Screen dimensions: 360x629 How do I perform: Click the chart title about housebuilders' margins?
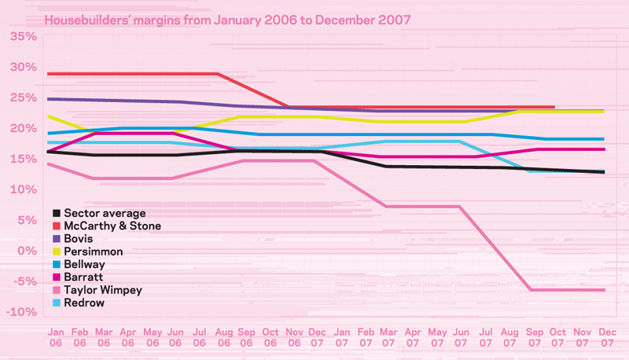pyautogui.click(x=228, y=18)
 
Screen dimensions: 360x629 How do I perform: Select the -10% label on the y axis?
pyautogui.click(x=23, y=312)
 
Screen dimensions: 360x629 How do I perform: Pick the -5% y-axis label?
pyautogui.click(x=24, y=281)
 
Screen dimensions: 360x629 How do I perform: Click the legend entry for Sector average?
pyautogui.click(x=105, y=213)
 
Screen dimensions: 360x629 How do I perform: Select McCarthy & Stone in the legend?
pyautogui.click(x=112, y=226)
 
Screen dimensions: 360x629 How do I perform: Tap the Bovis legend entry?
pyautogui.click(x=79, y=238)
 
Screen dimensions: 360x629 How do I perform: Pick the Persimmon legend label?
pyautogui.click(x=94, y=252)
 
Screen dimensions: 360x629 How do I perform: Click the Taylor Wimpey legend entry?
pyautogui.click(x=103, y=289)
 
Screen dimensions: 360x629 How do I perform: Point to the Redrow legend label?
pyautogui.click(x=83, y=303)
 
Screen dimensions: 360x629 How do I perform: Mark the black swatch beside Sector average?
pyautogui.click(x=56, y=213)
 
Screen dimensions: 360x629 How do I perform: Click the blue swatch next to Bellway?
pyautogui.click(x=56, y=264)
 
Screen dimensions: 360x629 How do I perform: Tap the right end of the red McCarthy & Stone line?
pyautogui.click(x=554, y=107)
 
